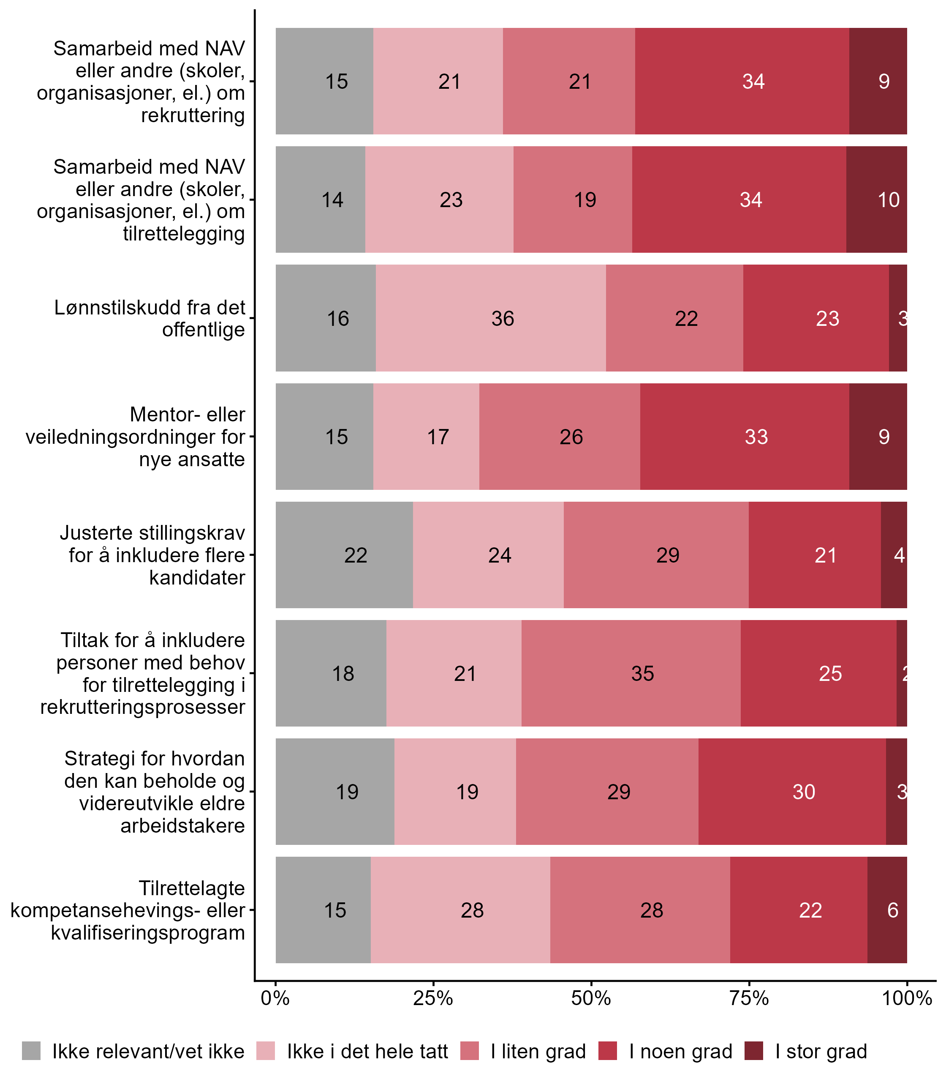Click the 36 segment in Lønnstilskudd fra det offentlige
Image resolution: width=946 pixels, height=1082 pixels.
(x=491, y=318)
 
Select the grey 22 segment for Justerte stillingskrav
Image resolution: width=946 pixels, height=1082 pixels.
(x=344, y=555)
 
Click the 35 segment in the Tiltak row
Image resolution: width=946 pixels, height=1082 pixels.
(x=631, y=673)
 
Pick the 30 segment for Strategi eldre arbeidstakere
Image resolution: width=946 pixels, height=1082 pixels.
(x=792, y=791)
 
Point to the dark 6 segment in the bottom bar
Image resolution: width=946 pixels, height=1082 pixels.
(x=887, y=910)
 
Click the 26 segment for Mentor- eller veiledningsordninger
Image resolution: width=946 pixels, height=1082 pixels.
(x=560, y=436)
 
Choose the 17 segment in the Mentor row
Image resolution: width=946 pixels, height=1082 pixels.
(x=426, y=436)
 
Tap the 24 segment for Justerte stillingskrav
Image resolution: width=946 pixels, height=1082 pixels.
(x=488, y=555)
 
